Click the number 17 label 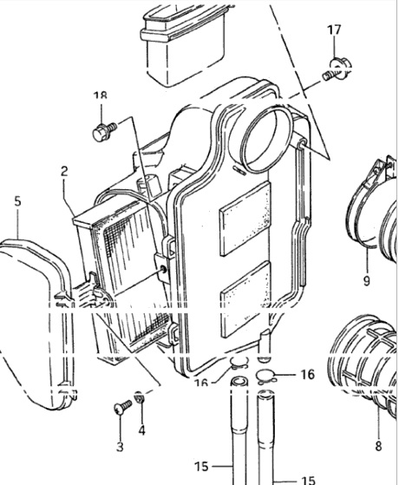tap(334, 30)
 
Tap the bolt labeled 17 tap(337, 69)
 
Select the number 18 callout tap(101, 95)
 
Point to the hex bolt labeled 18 tap(104, 132)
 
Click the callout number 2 tap(64, 171)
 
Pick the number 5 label tap(17, 201)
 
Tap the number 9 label tap(367, 281)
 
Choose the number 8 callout tap(378, 446)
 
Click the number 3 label tap(120, 447)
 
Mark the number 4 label tap(141, 430)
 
